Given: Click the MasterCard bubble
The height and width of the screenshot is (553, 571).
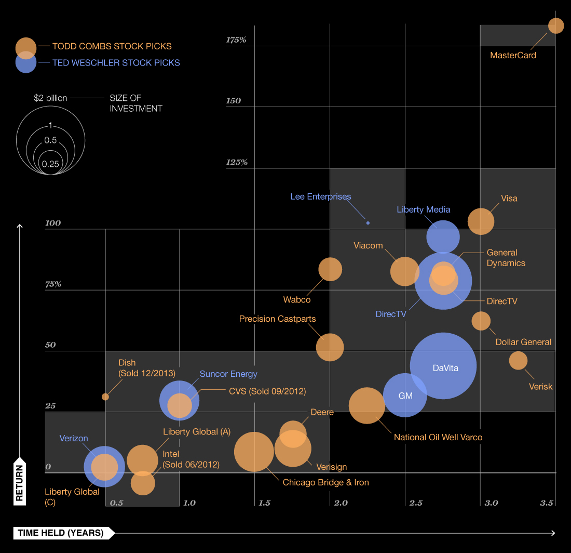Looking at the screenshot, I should [556, 25].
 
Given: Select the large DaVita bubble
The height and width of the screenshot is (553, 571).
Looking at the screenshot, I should [443, 366].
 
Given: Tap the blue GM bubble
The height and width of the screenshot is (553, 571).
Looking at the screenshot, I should [405, 395].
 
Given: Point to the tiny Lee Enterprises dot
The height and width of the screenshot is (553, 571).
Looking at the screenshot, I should [368, 223].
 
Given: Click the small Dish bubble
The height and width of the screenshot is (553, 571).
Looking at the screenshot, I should [105, 397].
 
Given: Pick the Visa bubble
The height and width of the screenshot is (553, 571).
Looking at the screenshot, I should [481, 221].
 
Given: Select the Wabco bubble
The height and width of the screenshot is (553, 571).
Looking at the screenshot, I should [330, 269].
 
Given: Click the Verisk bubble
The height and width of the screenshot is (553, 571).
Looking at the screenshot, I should [518, 360].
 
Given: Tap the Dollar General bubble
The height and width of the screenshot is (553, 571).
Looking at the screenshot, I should [481, 321].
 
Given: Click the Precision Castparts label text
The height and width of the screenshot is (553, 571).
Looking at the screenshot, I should [277, 319].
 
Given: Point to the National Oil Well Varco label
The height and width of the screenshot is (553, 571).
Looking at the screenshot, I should [438, 437].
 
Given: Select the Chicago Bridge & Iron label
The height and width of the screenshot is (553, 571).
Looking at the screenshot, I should [325, 482].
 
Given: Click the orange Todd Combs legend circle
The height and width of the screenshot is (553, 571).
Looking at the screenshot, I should [26, 47].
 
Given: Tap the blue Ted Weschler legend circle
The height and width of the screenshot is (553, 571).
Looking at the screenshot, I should [26, 63].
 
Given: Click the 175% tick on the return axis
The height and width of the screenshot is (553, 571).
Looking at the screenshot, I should [236, 40].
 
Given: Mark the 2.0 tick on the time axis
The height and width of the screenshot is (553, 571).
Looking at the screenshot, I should [340, 503].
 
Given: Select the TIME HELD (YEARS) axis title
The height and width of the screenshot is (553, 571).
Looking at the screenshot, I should [61, 533].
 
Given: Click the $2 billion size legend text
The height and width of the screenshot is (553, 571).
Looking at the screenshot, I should [50, 98].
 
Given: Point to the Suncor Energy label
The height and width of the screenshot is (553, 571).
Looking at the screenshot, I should [228, 374].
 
